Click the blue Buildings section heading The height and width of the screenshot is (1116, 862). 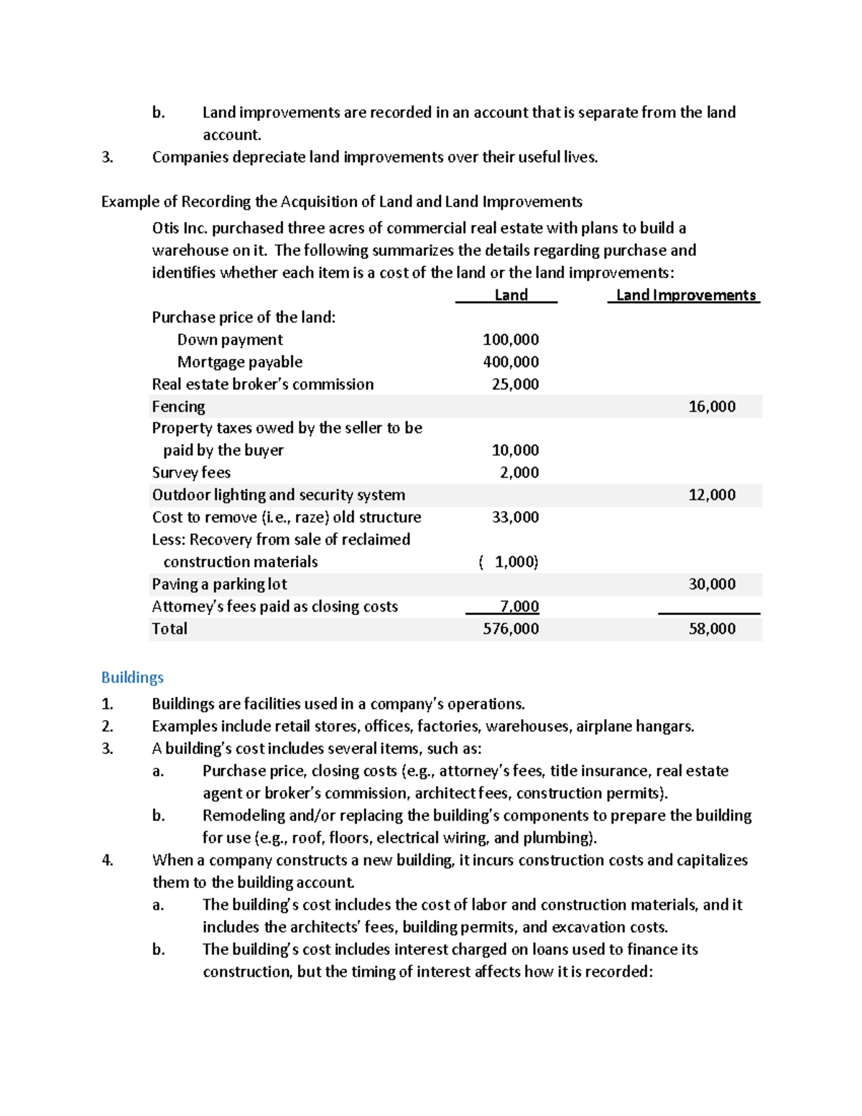(x=132, y=677)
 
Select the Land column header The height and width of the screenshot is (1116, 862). (x=511, y=295)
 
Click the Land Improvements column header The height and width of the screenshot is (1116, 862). (x=685, y=295)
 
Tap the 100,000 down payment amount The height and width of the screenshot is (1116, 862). (x=510, y=339)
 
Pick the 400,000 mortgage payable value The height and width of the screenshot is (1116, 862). (x=510, y=361)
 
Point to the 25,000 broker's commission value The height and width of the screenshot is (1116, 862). (x=514, y=384)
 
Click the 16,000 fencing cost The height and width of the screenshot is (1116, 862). (x=711, y=406)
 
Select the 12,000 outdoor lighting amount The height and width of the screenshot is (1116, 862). (x=711, y=494)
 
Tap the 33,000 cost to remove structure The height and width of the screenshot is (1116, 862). (x=514, y=517)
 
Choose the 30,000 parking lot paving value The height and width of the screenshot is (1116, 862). (x=711, y=584)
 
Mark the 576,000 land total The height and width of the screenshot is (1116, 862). (x=510, y=628)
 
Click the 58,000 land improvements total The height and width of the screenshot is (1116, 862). (x=711, y=628)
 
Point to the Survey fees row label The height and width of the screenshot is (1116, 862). (x=191, y=472)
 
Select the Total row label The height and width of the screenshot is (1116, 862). (x=170, y=628)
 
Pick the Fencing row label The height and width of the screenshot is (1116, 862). (x=178, y=406)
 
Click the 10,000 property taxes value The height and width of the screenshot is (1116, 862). (x=514, y=450)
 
